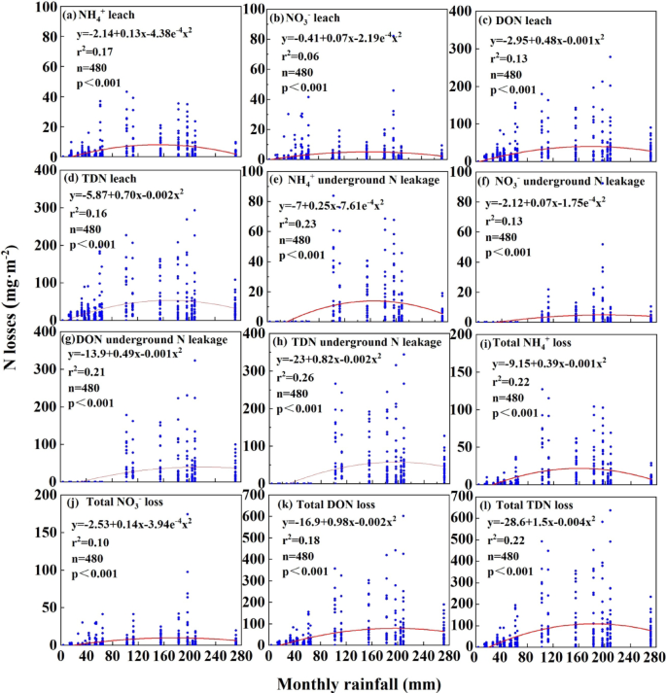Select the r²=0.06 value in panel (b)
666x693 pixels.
(302, 56)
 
